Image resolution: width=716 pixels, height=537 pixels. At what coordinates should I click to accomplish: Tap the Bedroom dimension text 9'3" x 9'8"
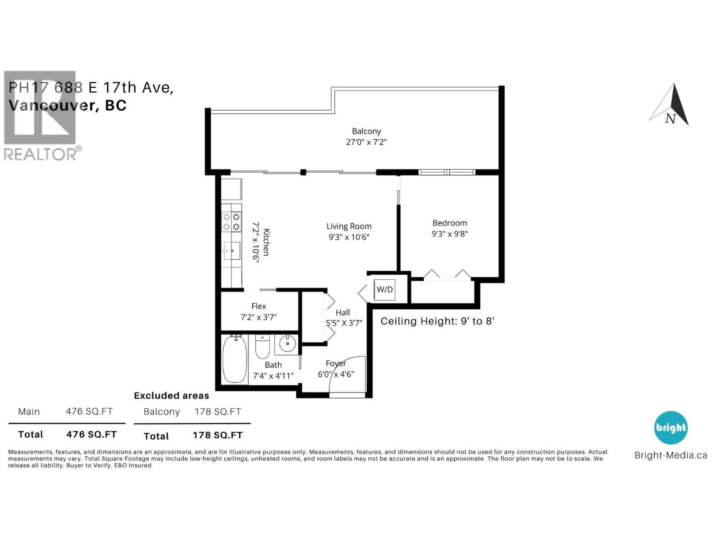click(x=450, y=234)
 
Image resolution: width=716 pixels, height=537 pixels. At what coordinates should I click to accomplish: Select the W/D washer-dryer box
click(x=384, y=289)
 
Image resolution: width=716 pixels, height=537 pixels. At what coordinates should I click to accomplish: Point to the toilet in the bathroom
click(x=262, y=347)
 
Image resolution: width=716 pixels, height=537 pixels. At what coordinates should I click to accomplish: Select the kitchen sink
click(x=232, y=251)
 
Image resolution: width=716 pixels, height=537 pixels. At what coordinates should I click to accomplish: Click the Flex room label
click(x=259, y=306)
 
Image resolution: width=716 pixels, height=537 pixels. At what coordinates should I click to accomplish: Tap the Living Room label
click(x=349, y=226)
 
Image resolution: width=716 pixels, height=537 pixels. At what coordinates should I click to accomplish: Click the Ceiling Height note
click(x=437, y=321)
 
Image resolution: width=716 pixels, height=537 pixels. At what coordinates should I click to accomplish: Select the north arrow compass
click(x=672, y=105)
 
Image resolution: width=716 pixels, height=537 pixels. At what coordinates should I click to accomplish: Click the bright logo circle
click(x=671, y=428)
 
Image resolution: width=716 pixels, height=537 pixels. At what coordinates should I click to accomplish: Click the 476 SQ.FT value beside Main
click(x=89, y=411)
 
